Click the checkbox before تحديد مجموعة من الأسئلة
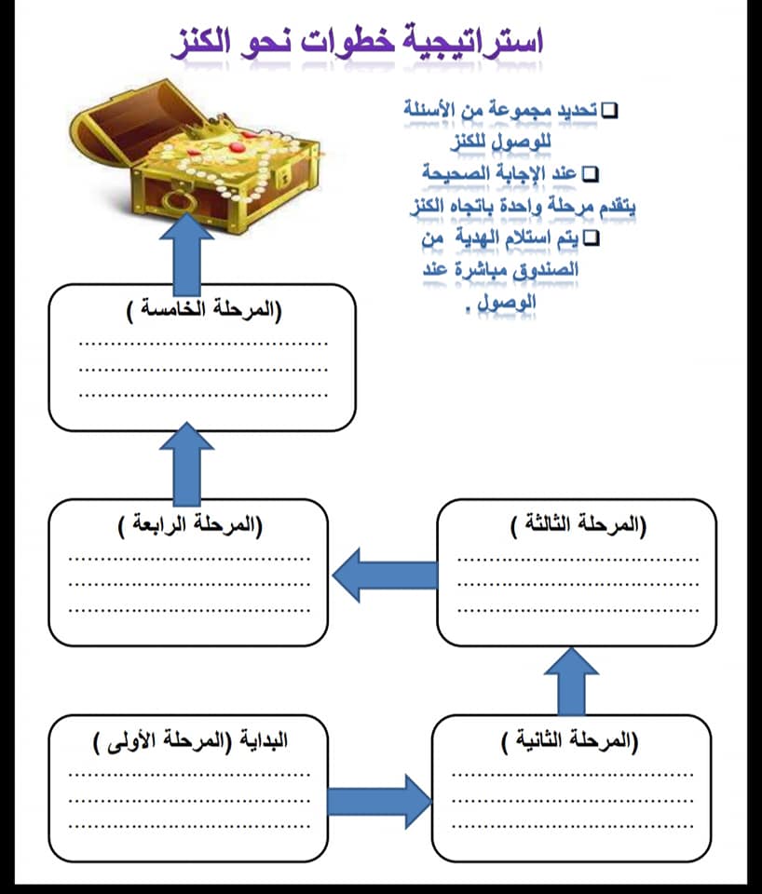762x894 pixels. coord(610,110)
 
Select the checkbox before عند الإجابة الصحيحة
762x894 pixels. coord(591,174)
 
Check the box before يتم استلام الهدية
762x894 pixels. coord(592,238)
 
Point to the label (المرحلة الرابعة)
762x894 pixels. coord(190,524)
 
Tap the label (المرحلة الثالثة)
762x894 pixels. coord(578,524)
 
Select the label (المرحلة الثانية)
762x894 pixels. coord(569,740)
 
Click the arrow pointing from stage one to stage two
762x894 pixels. coord(379,801)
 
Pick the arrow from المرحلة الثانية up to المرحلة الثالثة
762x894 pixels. coord(571,682)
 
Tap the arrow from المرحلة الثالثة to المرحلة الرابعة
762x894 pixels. coord(385,575)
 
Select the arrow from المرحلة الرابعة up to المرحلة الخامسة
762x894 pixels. coord(186,464)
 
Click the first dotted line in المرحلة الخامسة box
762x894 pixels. coord(203,344)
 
